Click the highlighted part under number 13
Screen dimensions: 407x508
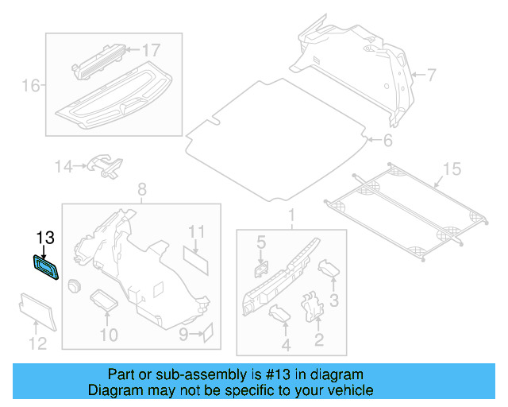tap(45, 266)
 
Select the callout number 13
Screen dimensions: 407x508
tap(45, 238)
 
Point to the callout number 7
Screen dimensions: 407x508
tap(431, 76)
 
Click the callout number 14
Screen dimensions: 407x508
tap(63, 166)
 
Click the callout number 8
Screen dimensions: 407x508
tap(142, 189)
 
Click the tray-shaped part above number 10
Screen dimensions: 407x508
tap(104, 300)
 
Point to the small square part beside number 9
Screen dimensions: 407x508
tap(209, 331)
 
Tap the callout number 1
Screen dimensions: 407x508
tap(291, 215)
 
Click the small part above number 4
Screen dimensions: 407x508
tap(281, 315)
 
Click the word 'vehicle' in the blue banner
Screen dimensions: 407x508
tap(345, 390)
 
